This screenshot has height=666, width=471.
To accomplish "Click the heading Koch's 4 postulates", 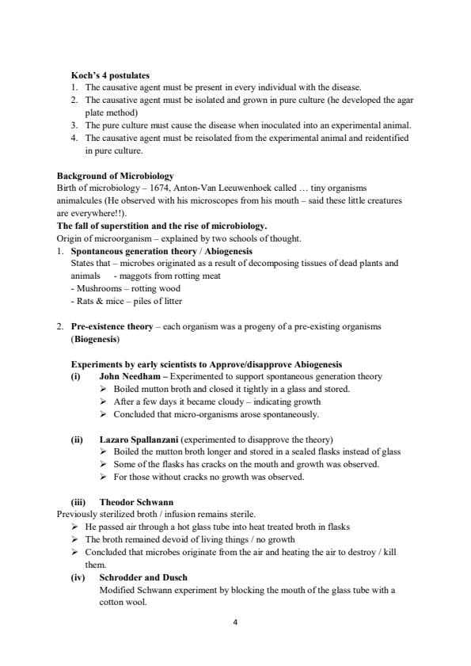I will (110, 75).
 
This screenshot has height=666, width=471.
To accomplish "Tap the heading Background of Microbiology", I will (116, 175).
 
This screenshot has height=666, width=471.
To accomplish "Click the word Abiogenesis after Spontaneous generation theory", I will (226, 250).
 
